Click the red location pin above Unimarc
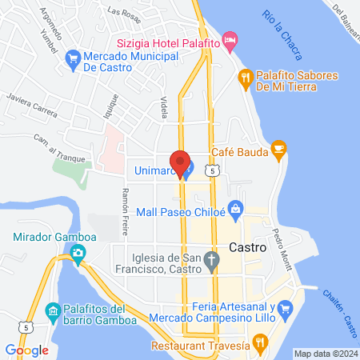[x=180, y=163]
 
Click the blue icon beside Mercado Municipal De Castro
[x=73, y=57]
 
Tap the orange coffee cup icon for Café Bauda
[x=278, y=147]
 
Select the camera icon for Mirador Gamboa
[x=78, y=255]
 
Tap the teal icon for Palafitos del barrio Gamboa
[x=53, y=310]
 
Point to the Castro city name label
[x=246, y=248]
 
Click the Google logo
[x=26, y=350]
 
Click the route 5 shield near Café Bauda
[x=211, y=170]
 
